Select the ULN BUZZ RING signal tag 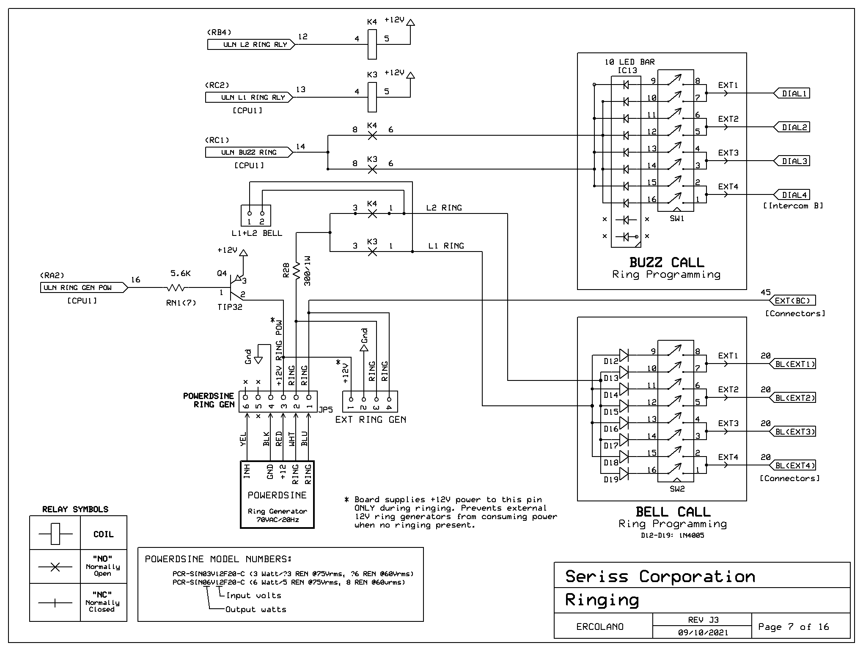(x=249, y=152)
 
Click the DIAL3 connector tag (x=792, y=161)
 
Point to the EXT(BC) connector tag (x=792, y=301)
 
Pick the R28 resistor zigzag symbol (x=296, y=271)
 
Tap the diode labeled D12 (x=624, y=355)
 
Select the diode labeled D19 (x=624, y=473)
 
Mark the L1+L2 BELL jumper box (x=256, y=216)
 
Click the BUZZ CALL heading (x=667, y=263)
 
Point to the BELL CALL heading (x=673, y=512)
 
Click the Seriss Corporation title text (x=660, y=576)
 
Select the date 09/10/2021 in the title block (x=703, y=633)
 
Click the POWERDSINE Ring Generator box (x=277, y=495)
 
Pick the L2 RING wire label (x=444, y=208)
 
